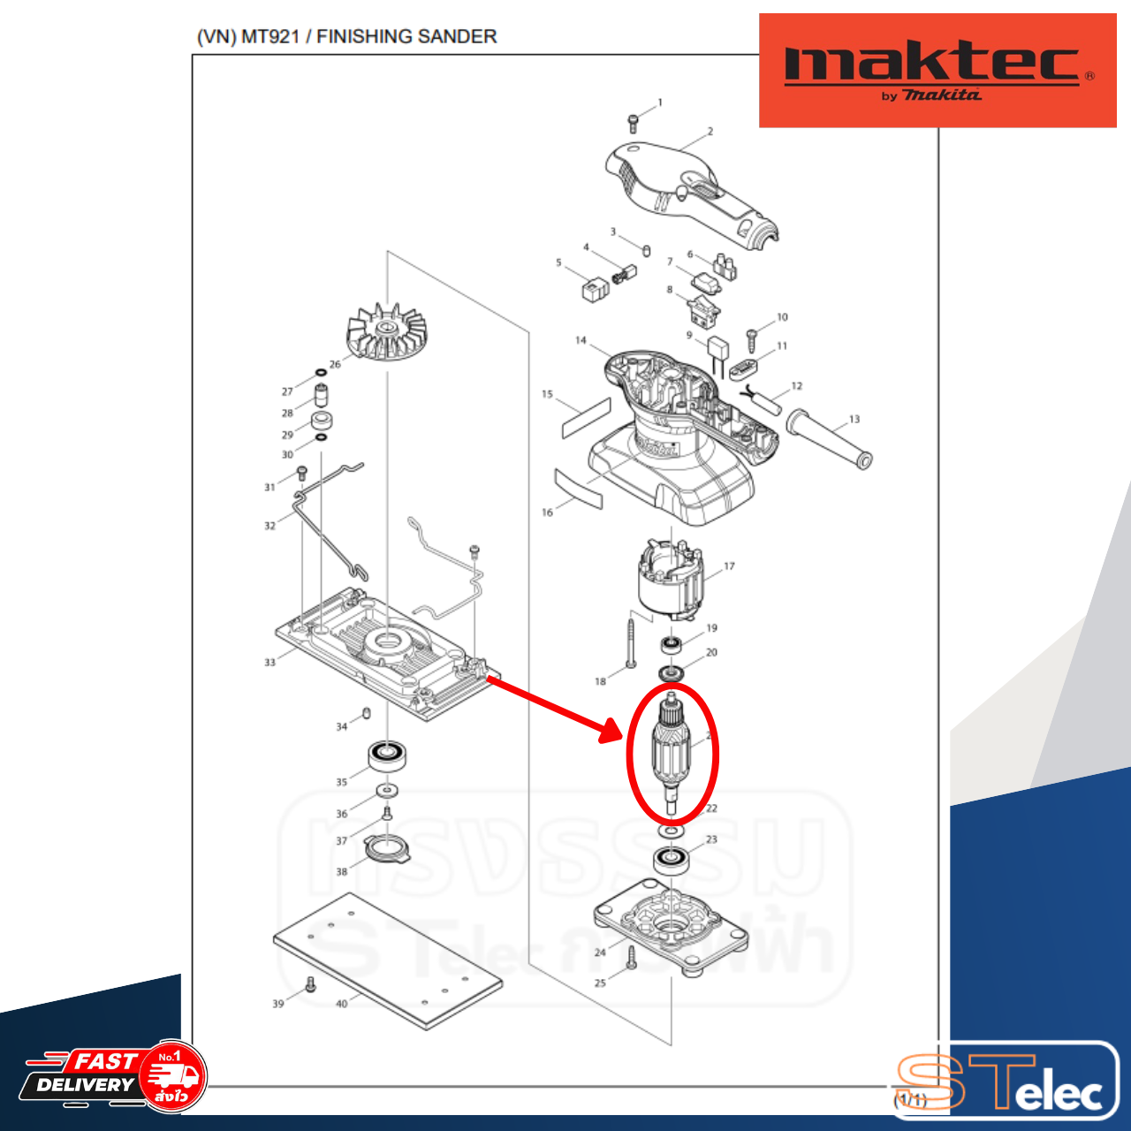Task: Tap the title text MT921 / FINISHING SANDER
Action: pyautogui.click(x=346, y=36)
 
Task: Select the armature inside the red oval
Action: pyautogui.click(x=671, y=751)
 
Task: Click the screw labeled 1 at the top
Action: pyautogui.click(x=633, y=123)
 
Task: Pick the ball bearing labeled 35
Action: pyautogui.click(x=387, y=756)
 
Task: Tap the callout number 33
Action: pyautogui.click(x=270, y=662)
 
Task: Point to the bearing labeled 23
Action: pyautogui.click(x=671, y=859)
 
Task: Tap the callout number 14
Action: pyautogui.click(x=581, y=340)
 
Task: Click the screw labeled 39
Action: pyautogui.click(x=310, y=984)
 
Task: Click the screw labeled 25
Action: pyautogui.click(x=631, y=958)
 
